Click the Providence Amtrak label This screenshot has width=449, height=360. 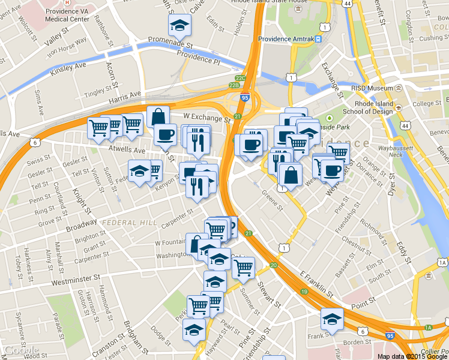pyautogui.click(x=286, y=39)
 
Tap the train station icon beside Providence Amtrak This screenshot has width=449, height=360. pyautogui.click(x=319, y=39)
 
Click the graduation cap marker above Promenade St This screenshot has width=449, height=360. pyautogui.click(x=179, y=25)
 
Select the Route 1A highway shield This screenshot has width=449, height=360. pyautogui.click(x=443, y=263)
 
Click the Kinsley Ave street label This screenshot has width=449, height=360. pyautogui.click(x=68, y=68)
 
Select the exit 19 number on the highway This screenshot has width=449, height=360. pyautogui.click(x=305, y=292)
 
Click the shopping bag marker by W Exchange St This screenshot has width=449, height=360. pyautogui.click(x=158, y=116)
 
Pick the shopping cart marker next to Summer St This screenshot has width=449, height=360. pyautogui.click(x=243, y=269)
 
